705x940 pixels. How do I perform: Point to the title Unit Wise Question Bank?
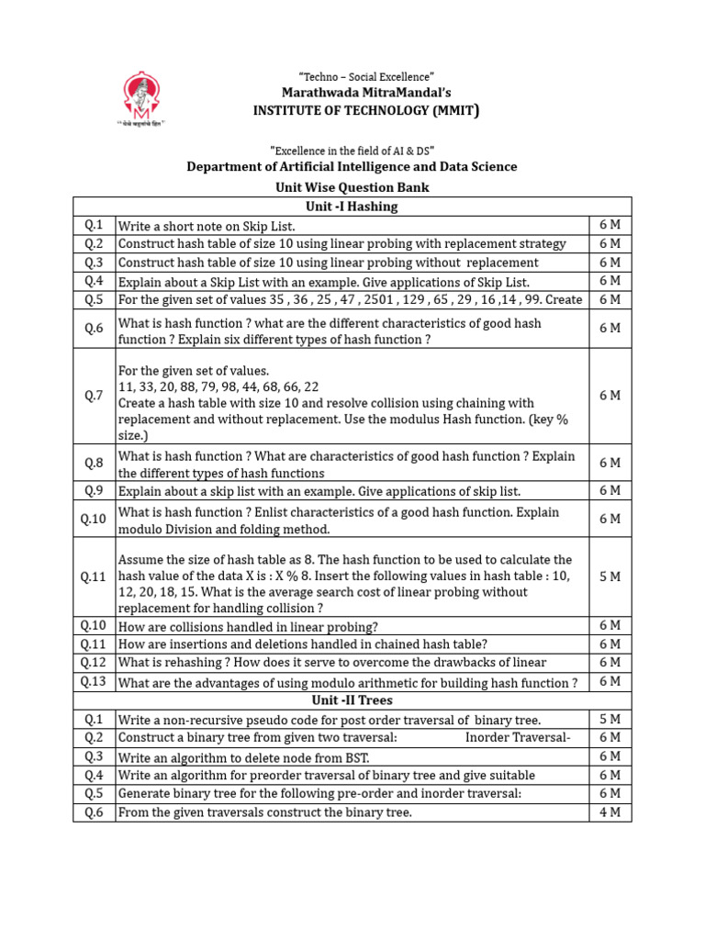(352, 187)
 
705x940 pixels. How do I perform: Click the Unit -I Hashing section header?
(352, 207)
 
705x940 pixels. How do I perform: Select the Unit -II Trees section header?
(352, 700)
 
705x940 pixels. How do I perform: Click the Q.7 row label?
(95, 395)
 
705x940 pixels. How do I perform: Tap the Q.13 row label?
(95, 681)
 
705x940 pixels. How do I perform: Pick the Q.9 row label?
(95, 490)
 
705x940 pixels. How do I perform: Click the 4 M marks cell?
(610, 811)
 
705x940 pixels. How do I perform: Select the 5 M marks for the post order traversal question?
(610, 719)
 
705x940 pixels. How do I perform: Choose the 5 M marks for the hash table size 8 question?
(610, 576)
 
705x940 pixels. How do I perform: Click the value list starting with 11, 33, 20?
(218, 386)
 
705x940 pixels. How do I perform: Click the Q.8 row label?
(95, 464)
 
